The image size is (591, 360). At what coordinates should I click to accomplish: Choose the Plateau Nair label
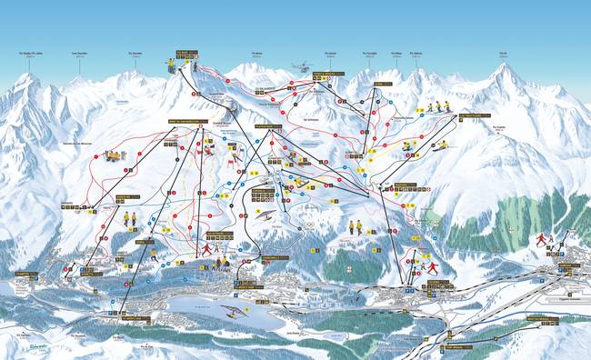tap(268, 126)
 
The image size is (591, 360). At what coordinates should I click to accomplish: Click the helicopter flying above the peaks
tap(300, 66)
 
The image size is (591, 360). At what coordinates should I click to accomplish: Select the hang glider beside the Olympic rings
tap(265, 215)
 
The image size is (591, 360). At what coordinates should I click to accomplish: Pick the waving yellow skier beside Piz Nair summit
tap(171, 65)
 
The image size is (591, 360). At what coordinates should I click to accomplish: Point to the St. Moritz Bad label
tap(136, 318)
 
